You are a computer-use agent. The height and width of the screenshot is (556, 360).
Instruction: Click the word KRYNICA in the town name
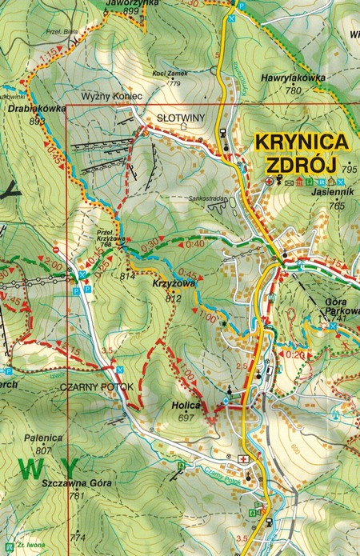[302, 142]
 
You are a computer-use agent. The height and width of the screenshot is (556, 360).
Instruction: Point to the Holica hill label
[185, 406]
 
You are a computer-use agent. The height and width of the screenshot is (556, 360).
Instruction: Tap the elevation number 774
[78, 537]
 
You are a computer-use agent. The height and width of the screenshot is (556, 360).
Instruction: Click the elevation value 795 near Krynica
[348, 170]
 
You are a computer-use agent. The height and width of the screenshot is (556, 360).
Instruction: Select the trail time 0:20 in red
[295, 354]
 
